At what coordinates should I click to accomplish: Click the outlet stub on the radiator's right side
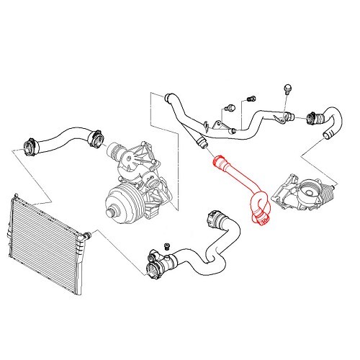point(86,235)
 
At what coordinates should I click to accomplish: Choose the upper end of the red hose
point(215,161)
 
